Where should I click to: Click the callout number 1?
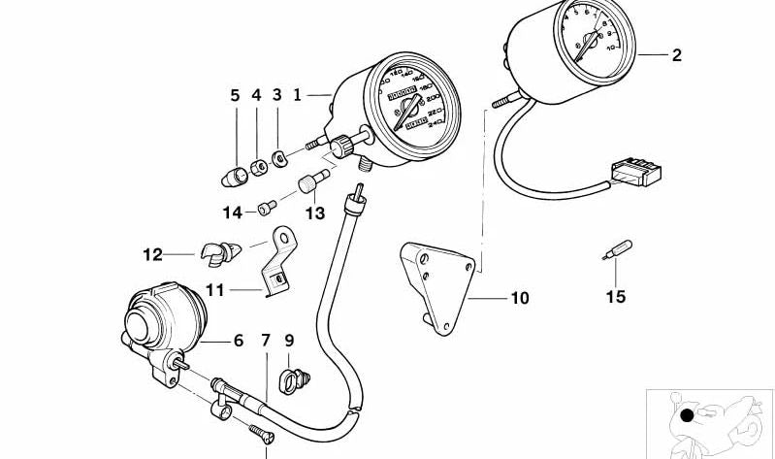[x=298, y=95]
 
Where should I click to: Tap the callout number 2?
[x=676, y=55]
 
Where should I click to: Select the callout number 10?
[x=520, y=298]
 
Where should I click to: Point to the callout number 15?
[x=616, y=297]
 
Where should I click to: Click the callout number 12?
[x=153, y=255]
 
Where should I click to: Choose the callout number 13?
[x=314, y=213]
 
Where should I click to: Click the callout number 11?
[x=214, y=289]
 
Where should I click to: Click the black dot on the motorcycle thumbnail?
[x=687, y=417]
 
